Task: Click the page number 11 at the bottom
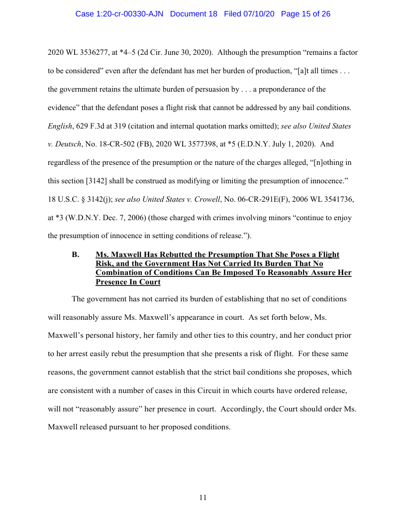(203, 498)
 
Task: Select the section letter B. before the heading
(76, 255)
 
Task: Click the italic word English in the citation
(59, 127)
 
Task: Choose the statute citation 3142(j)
(99, 199)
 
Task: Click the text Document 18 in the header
(194, 14)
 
